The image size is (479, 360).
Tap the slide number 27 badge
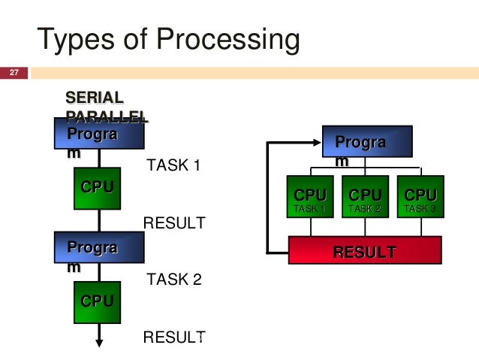(x=14, y=73)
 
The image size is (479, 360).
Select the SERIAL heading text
(x=95, y=98)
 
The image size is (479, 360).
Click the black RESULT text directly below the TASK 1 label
(x=173, y=222)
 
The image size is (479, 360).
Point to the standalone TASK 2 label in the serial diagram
(x=174, y=280)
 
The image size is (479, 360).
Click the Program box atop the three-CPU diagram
(x=367, y=143)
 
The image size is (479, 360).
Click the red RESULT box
(x=365, y=251)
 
